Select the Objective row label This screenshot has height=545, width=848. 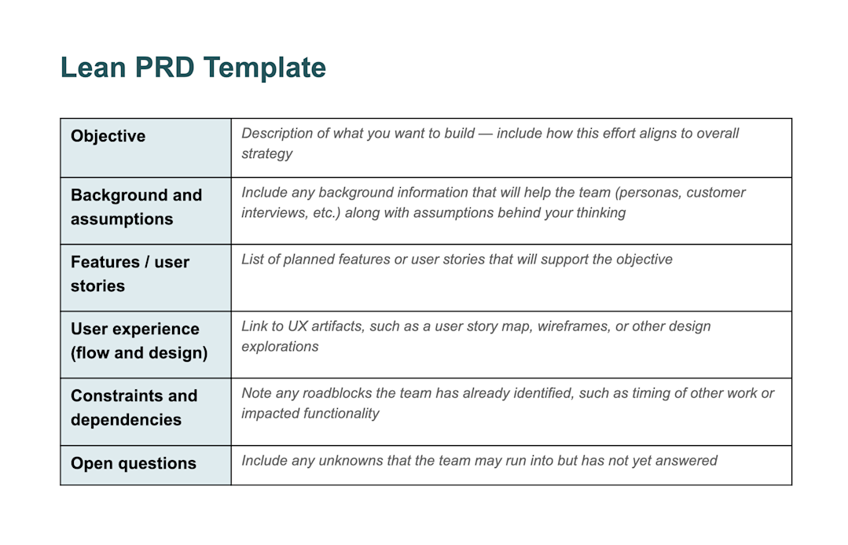[x=108, y=136]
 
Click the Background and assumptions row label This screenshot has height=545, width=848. [x=136, y=207]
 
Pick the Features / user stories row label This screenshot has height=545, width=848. [x=130, y=274]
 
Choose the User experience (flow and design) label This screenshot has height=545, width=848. [x=138, y=341]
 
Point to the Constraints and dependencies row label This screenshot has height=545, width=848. [x=134, y=407]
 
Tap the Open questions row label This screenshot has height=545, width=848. [x=133, y=463]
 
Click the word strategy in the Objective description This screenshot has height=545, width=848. [x=266, y=153]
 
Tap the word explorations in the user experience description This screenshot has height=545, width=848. [x=280, y=346]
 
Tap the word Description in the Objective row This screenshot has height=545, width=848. [x=277, y=133]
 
